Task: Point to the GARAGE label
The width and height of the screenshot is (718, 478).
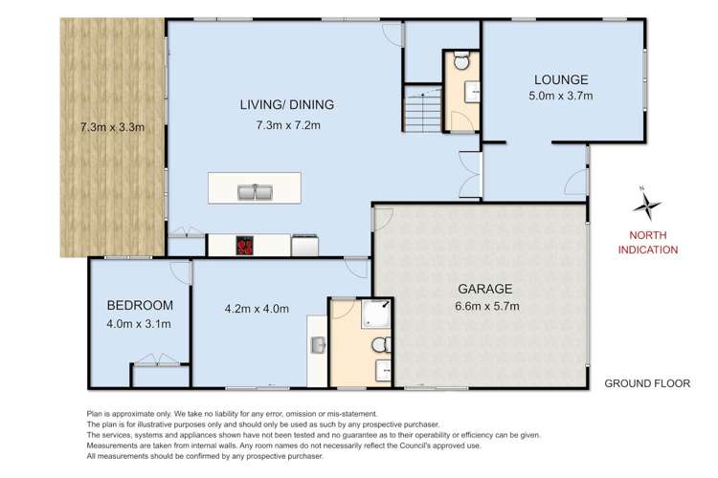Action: point(484,288)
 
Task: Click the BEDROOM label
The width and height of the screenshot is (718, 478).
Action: point(140,305)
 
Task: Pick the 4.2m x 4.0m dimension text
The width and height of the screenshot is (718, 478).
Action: point(256,308)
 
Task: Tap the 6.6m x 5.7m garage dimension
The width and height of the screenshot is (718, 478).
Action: point(484,307)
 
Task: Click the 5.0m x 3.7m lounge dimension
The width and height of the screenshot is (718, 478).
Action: point(562,97)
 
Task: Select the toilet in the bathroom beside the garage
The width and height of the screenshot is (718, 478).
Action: point(381,344)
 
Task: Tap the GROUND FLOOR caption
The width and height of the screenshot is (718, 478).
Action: point(647,383)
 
